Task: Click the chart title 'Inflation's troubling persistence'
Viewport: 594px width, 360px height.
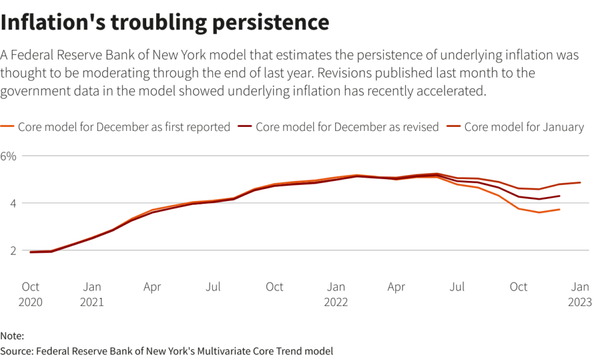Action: [x=165, y=22]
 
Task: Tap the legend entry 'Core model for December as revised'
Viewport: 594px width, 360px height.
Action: [x=347, y=127]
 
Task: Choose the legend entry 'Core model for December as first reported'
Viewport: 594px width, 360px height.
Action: [x=124, y=127]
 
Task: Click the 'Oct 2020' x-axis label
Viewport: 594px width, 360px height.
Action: [x=30, y=294]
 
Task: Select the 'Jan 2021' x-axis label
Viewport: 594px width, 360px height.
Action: [x=92, y=294]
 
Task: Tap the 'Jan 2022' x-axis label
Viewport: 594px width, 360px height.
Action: [x=336, y=294]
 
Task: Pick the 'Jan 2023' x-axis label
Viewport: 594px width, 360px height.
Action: [x=580, y=294]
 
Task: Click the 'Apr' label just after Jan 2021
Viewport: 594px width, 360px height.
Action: [x=152, y=286]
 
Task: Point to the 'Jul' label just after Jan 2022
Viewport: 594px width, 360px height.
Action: [x=458, y=286]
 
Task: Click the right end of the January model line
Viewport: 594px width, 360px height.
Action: [x=580, y=183]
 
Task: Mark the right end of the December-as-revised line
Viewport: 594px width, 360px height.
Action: [x=559, y=196]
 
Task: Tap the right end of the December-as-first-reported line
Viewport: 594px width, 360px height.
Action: [x=559, y=209]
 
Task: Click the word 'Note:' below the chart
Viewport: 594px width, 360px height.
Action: [x=12, y=336]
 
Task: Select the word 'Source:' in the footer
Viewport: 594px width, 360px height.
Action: [x=16, y=351]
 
